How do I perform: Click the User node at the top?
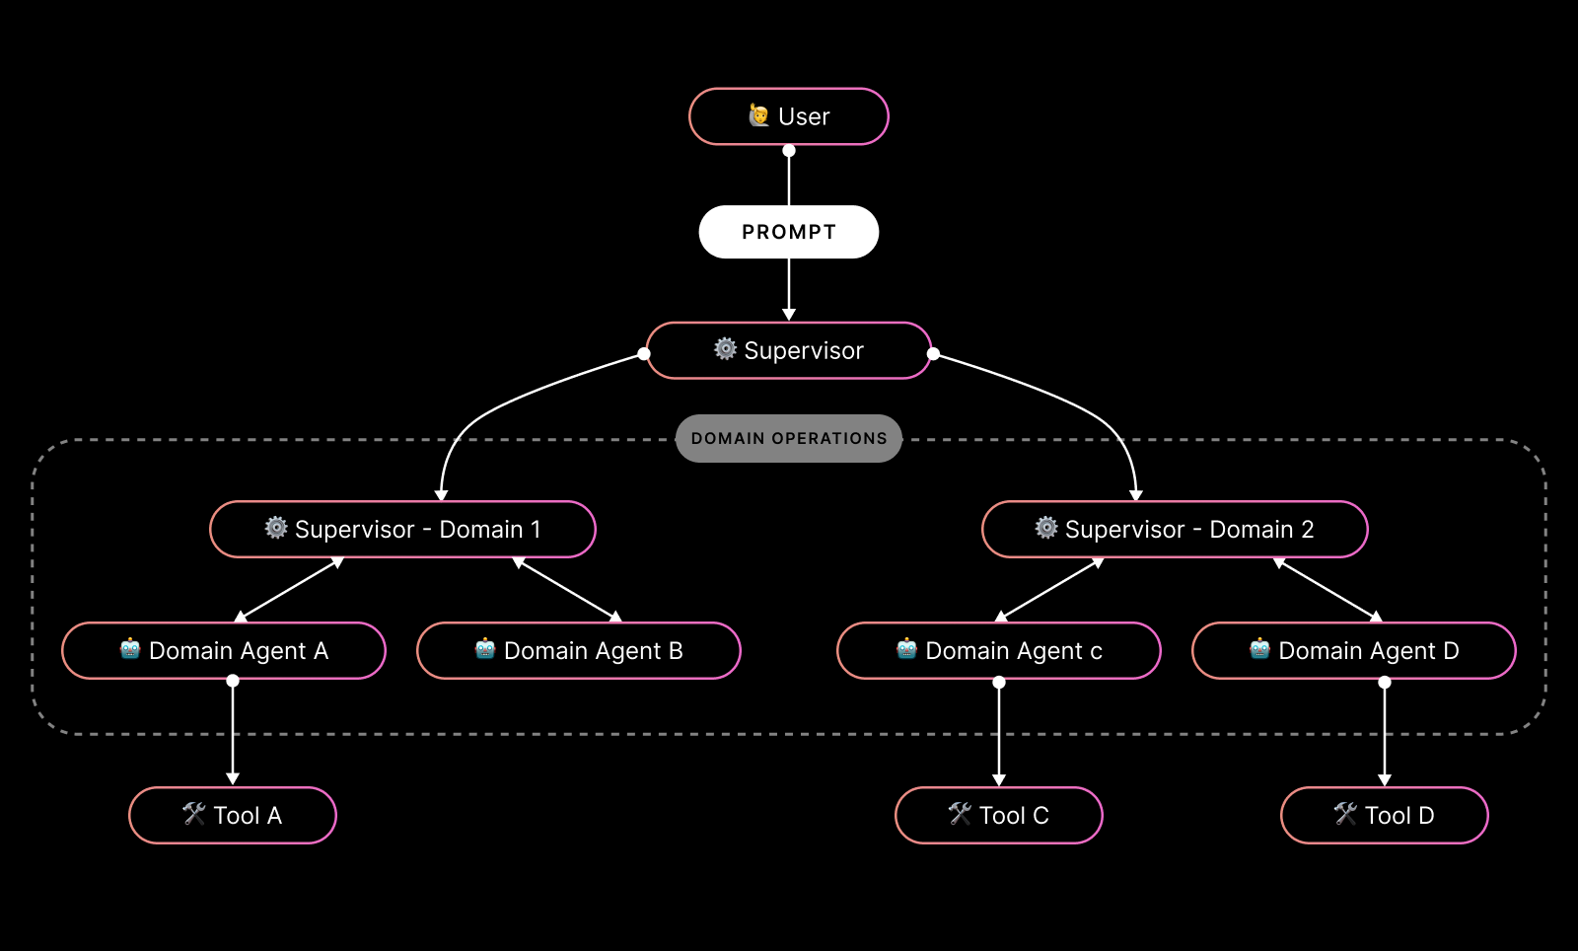tap(789, 116)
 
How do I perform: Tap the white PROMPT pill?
tap(789, 232)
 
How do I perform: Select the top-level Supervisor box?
tap(789, 350)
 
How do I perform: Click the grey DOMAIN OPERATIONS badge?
tap(789, 438)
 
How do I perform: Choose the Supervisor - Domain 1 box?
tap(402, 530)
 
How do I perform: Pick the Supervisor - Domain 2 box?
tap(1175, 530)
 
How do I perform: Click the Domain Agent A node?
tap(224, 651)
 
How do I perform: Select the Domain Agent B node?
tap(579, 651)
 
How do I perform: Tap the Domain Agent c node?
tap(999, 651)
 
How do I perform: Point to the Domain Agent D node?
tap(1354, 651)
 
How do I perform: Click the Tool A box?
tap(233, 816)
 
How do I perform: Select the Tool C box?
tap(999, 816)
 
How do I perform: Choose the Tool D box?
tap(1385, 816)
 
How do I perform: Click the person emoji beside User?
tap(758, 115)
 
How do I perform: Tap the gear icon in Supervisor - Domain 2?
tap(1046, 528)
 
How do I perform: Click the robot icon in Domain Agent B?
tap(484, 649)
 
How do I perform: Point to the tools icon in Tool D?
tap(1345, 814)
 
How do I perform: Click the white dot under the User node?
tap(789, 151)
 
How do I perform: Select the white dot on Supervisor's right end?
tap(933, 353)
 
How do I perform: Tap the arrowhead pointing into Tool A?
tap(233, 778)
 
